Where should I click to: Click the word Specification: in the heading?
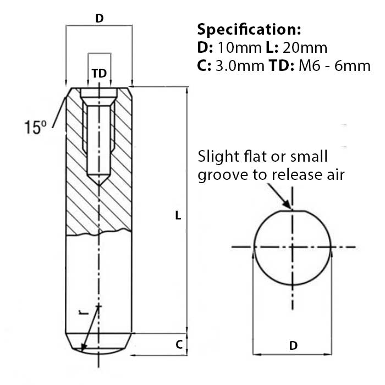(x=249, y=29)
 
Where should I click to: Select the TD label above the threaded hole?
(x=99, y=73)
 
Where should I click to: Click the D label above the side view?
(x=99, y=18)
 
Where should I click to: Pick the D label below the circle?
(x=293, y=345)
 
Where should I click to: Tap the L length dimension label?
(x=177, y=216)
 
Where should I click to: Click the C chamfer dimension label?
(x=178, y=345)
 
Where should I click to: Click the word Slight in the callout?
(x=217, y=156)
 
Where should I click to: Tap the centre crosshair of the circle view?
(x=292, y=248)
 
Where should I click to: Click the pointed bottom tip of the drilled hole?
(x=99, y=183)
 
